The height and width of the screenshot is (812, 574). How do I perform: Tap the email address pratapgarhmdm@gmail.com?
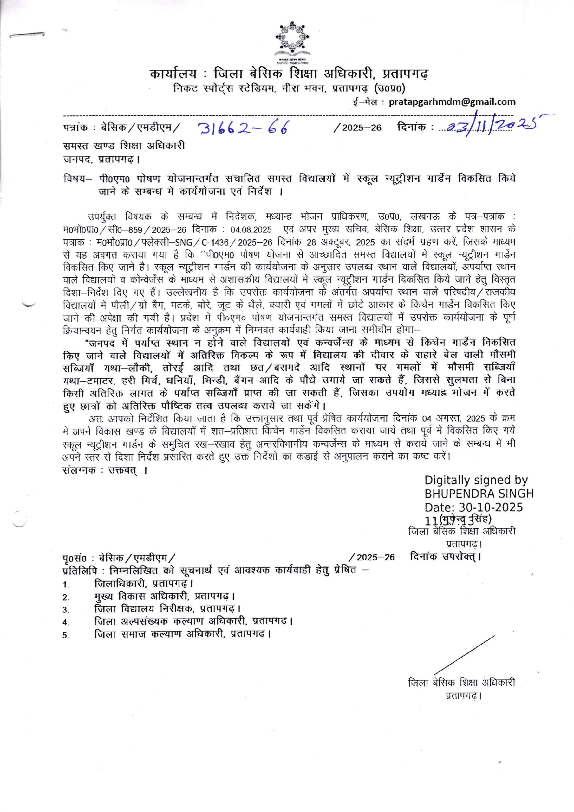coord(452,102)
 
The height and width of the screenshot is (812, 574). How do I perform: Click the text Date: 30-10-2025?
coord(473,507)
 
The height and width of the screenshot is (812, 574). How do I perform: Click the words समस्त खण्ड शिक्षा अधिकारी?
coord(124,146)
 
